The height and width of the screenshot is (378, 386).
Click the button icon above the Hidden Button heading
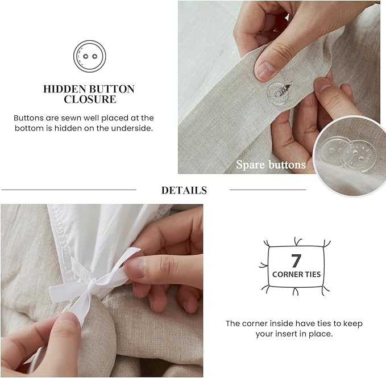tap(90, 56)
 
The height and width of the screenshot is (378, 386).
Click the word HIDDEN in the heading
tap(64, 89)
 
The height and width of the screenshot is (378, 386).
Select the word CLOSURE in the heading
tap(90, 99)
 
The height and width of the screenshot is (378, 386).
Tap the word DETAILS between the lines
tap(184, 190)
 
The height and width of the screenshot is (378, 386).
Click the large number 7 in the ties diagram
tap(296, 261)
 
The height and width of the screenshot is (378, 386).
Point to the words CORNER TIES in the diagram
tap(296, 274)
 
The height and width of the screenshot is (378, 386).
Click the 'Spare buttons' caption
tap(271, 165)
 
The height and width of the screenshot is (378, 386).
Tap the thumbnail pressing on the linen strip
tap(266, 70)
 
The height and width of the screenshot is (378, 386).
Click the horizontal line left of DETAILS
tap(69, 190)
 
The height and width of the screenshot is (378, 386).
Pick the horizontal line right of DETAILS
tap(268, 190)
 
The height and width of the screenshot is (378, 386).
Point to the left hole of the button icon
tap(85, 56)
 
